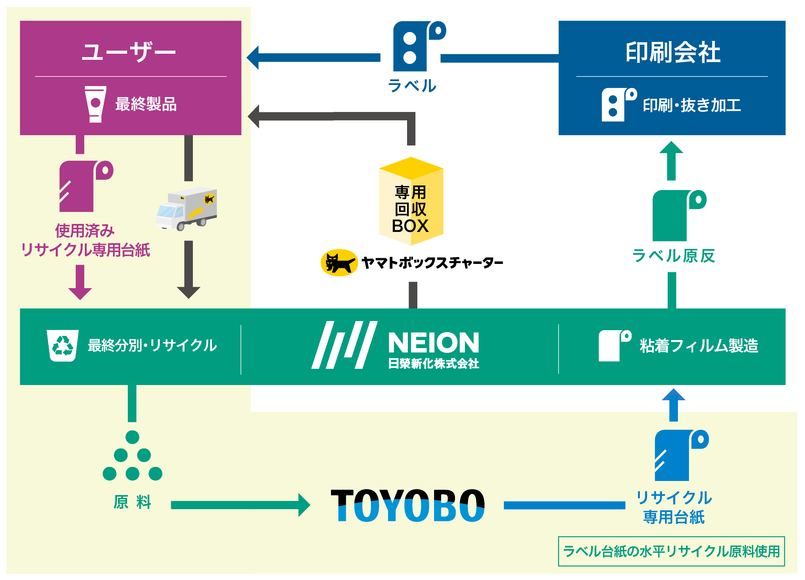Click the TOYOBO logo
point(408,505)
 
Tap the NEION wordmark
point(433,343)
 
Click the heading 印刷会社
point(673,52)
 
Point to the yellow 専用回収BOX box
point(411,202)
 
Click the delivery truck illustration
point(186,208)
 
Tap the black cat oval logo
point(339,263)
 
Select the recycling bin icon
point(62,345)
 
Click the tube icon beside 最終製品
point(95,104)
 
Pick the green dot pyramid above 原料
point(132,456)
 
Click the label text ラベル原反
point(673,256)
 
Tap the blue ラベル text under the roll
point(412,86)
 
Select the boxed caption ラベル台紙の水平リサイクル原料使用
point(671,551)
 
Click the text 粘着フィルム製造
point(699,346)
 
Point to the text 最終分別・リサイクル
point(152,345)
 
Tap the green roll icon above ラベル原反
point(677,215)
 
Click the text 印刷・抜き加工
point(692,105)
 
